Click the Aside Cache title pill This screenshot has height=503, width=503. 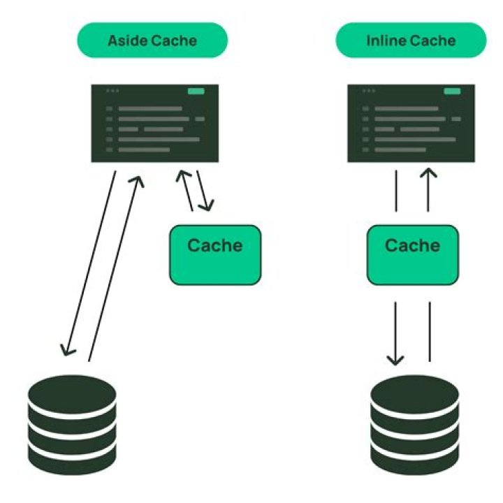coord(152,40)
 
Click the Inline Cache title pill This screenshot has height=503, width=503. coord(410,40)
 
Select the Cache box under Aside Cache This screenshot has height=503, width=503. coord(215,254)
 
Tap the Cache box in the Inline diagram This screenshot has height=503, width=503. coord(413,254)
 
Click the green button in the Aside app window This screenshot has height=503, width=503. coord(196,91)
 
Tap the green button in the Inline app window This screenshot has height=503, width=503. coord(453,91)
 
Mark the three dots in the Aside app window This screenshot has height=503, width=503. coord(112,91)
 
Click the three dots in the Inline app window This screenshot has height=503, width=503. coord(368,91)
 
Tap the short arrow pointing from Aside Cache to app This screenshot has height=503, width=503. coord(185,189)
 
